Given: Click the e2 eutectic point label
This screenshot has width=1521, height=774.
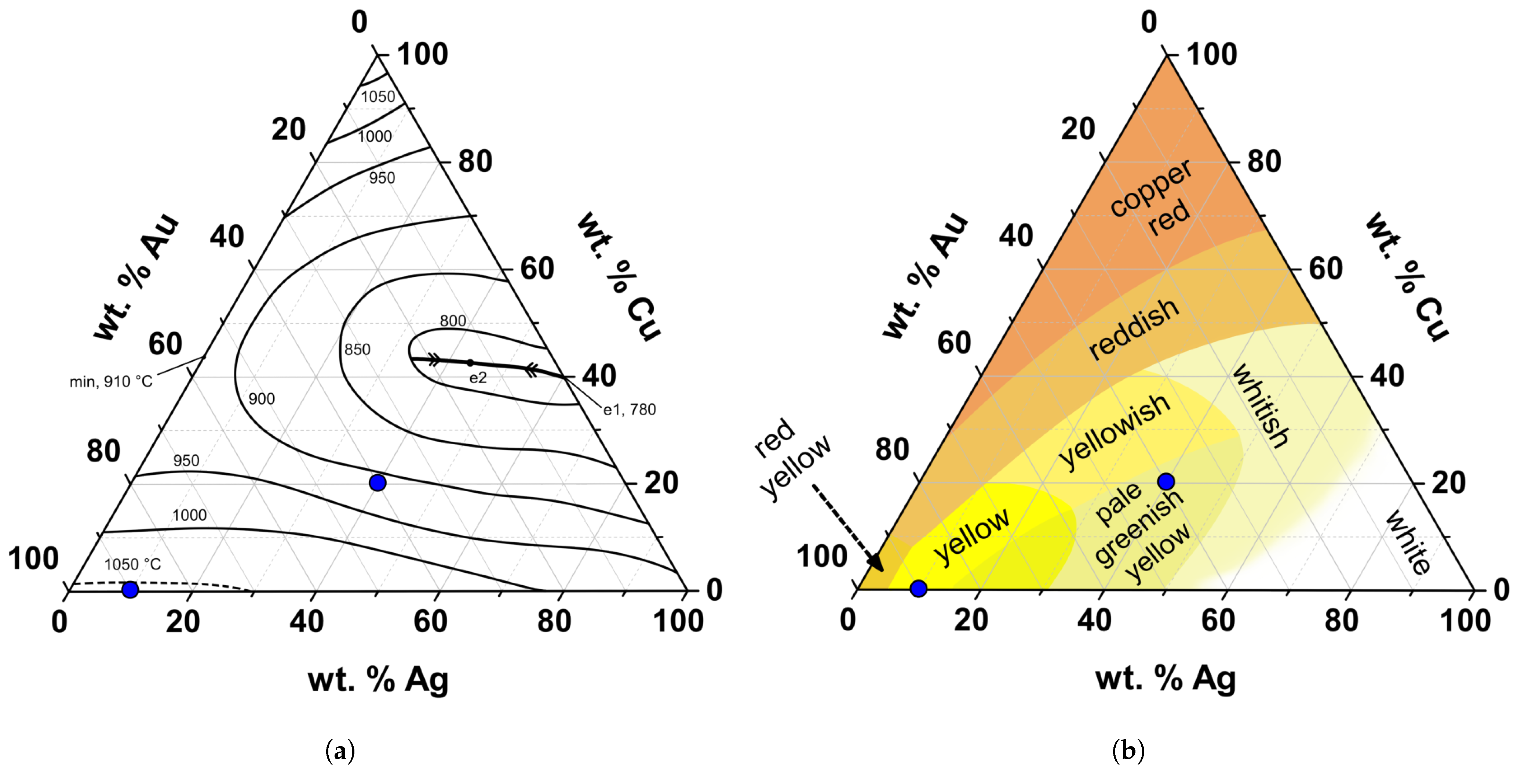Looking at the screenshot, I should (x=478, y=377).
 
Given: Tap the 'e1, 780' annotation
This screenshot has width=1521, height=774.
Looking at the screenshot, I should (x=629, y=409).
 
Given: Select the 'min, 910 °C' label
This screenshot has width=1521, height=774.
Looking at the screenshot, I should (x=111, y=382).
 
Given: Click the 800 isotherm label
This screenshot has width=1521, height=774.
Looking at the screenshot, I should (x=453, y=321).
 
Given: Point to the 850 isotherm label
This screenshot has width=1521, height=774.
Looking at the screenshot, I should (x=357, y=350).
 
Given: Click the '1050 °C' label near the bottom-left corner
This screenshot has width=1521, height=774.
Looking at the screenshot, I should (x=132, y=564).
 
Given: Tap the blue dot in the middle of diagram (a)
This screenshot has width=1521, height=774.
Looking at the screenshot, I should (x=377, y=483).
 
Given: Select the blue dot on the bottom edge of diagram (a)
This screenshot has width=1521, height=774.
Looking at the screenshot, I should (x=130, y=589).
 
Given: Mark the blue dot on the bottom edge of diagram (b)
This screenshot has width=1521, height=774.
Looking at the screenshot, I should (x=918, y=588).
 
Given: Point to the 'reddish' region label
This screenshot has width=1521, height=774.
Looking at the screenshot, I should (x=1134, y=329).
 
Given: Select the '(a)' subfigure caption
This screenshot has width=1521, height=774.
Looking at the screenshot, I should (x=340, y=752).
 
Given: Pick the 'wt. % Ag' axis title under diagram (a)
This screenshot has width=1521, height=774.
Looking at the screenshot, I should (x=378, y=680).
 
